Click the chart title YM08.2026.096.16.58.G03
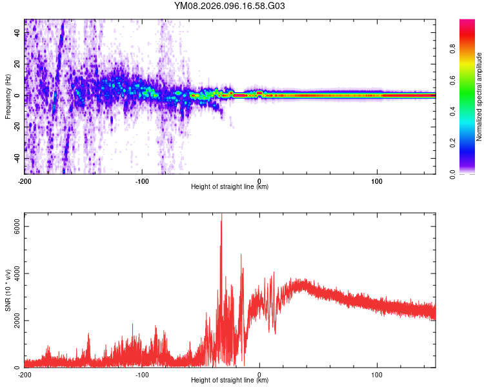pos(230,6)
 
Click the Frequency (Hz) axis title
pos(8,97)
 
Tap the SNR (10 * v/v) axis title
pos(8,290)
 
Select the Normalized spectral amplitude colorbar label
pos(479,97)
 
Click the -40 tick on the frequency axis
pos(17,158)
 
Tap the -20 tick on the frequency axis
pos(17,126)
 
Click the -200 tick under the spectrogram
pos(25,181)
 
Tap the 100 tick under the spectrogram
pos(377,181)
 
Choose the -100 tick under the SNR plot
pos(142,374)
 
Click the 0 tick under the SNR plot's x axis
pos(259,374)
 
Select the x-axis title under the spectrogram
pos(230,187)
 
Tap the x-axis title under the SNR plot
pos(230,381)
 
